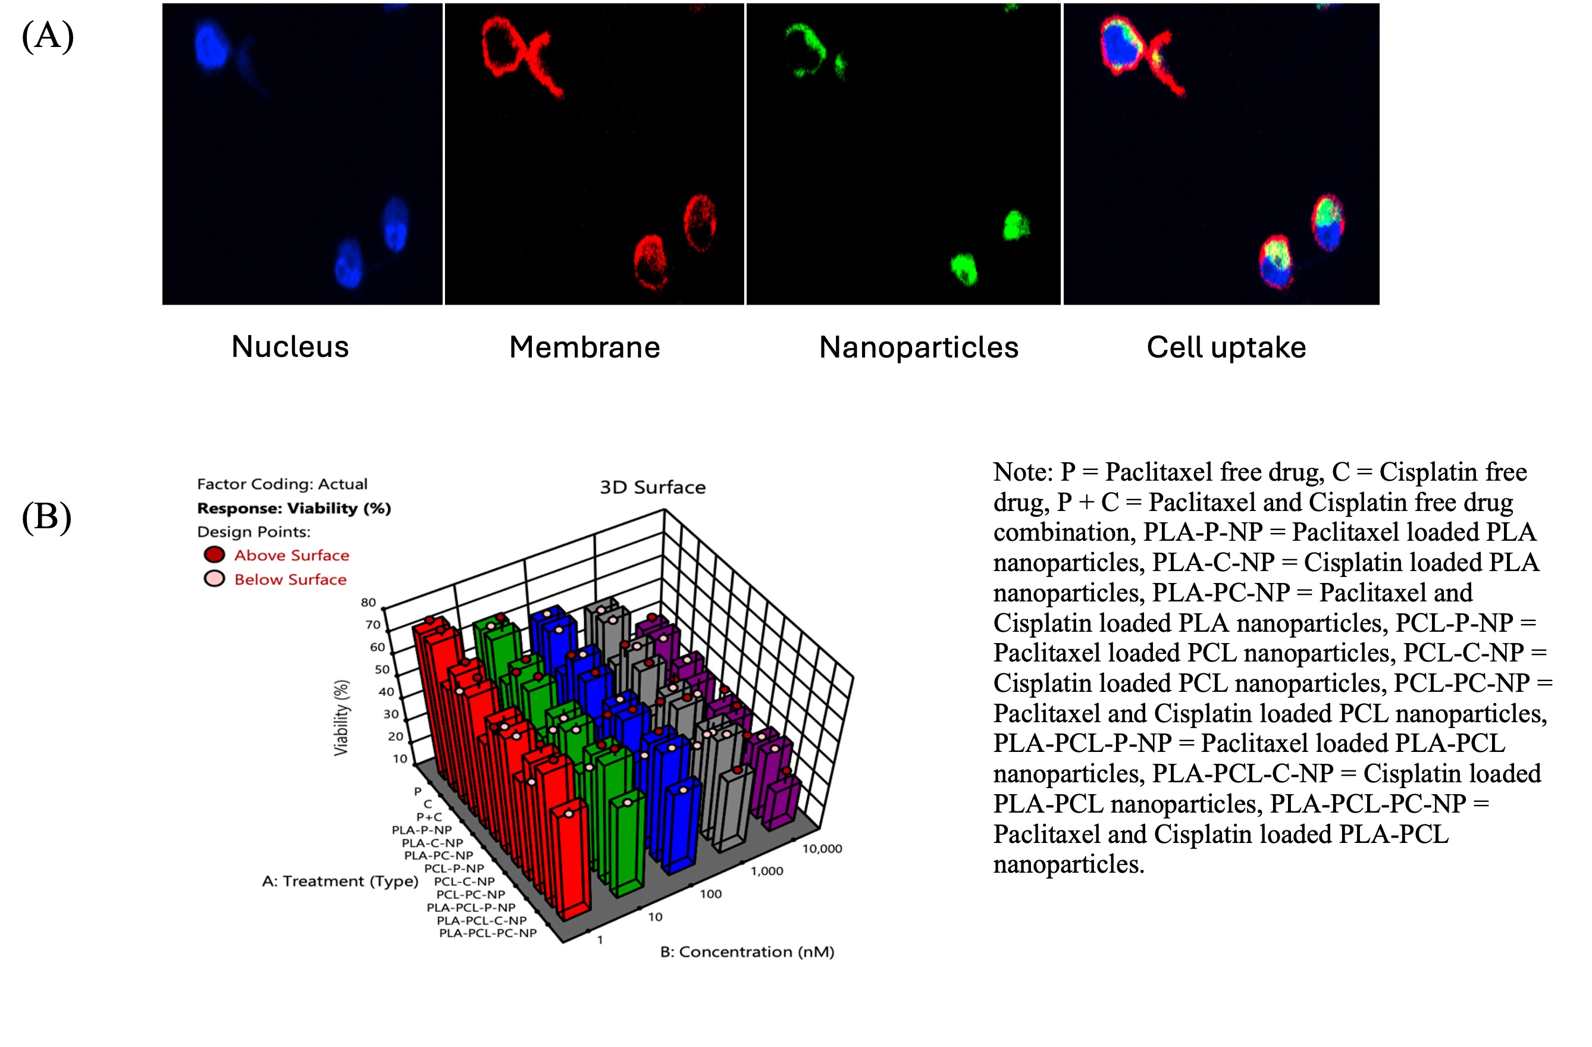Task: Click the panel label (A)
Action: (x=48, y=36)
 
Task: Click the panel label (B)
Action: (x=47, y=518)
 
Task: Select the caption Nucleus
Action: (x=290, y=347)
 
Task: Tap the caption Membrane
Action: (x=585, y=347)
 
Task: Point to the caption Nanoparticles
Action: (x=919, y=347)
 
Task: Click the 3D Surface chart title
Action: (x=652, y=487)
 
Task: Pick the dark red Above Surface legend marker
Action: (x=214, y=554)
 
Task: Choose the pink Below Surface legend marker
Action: (x=214, y=579)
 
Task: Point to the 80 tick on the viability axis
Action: (x=369, y=602)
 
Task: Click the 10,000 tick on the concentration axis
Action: (x=822, y=849)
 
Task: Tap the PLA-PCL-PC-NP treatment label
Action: (x=488, y=933)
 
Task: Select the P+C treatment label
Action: (x=429, y=817)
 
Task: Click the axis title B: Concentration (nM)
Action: (x=747, y=952)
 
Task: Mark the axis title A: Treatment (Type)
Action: (x=340, y=881)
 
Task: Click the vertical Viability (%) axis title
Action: (x=341, y=718)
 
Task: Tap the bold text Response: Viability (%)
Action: (x=294, y=509)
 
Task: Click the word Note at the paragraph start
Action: (x=1023, y=472)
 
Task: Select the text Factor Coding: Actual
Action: (x=281, y=484)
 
